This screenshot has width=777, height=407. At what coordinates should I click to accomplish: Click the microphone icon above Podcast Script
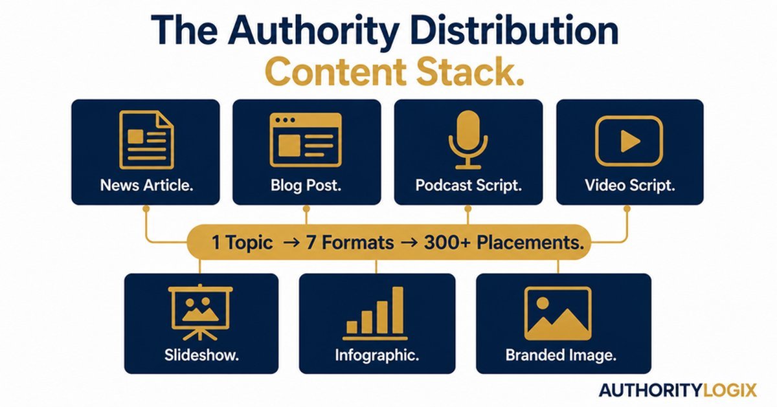point(468,139)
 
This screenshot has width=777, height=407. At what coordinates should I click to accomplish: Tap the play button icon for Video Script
point(629,141)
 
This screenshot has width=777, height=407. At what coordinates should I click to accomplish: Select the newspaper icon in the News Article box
point(146,139)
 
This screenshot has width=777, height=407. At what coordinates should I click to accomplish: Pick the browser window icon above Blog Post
point(306,140)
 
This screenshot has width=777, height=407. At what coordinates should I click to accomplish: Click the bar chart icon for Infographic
point(375,313)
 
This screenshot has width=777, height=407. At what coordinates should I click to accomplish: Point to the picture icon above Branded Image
point(557,313)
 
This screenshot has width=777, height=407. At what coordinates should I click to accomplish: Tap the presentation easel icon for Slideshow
point(201,313)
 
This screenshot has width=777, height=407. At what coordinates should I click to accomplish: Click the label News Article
point(147,186)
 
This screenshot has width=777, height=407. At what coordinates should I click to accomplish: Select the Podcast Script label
point(469,186)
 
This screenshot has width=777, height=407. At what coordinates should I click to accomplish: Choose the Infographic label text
point(377,355)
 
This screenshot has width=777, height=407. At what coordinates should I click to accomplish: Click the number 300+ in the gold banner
point(447,243)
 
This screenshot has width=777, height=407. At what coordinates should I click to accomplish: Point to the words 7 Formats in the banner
point(350,243)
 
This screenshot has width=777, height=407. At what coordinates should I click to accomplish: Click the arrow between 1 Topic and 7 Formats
point(291,243)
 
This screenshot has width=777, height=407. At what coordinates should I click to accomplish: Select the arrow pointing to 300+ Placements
point(410,243)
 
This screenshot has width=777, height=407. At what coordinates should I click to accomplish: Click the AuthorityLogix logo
point(677,390)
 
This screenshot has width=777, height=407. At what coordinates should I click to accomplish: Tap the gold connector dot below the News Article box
point(146,209)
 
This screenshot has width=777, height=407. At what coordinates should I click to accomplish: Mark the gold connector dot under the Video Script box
point(627,209)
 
